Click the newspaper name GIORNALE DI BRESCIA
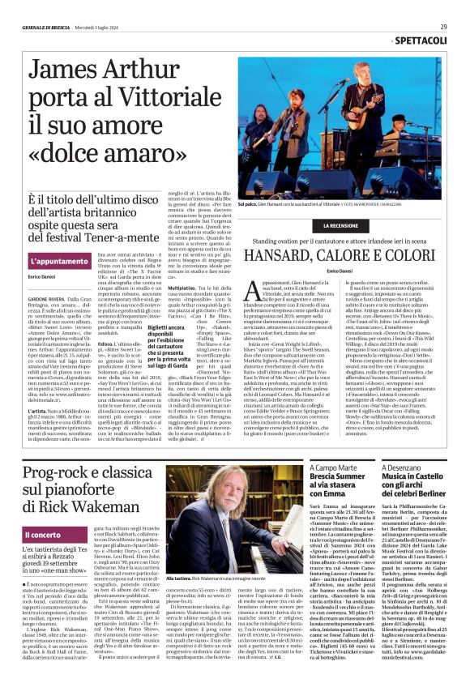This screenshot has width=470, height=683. coord(44,26)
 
